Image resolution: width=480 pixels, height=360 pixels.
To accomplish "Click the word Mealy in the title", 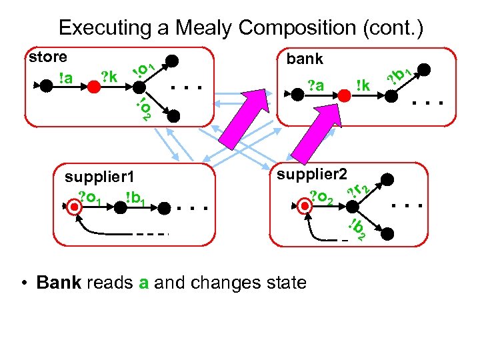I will (x=201, y=27).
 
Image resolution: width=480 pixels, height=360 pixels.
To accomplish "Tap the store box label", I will (x=48, y=57).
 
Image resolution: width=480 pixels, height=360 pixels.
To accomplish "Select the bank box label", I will (x=305, y=59).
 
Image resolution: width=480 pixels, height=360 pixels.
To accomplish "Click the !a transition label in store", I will (x=65, y=78).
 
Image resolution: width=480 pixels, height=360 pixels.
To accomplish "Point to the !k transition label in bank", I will (x=363, y=85).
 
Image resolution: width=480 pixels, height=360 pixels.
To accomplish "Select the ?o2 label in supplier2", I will (x=323, y=196).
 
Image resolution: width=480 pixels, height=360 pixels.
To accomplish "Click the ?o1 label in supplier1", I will (x=90, y=196).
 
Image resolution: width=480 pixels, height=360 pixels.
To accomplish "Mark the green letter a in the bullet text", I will (x=143, y=283).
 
